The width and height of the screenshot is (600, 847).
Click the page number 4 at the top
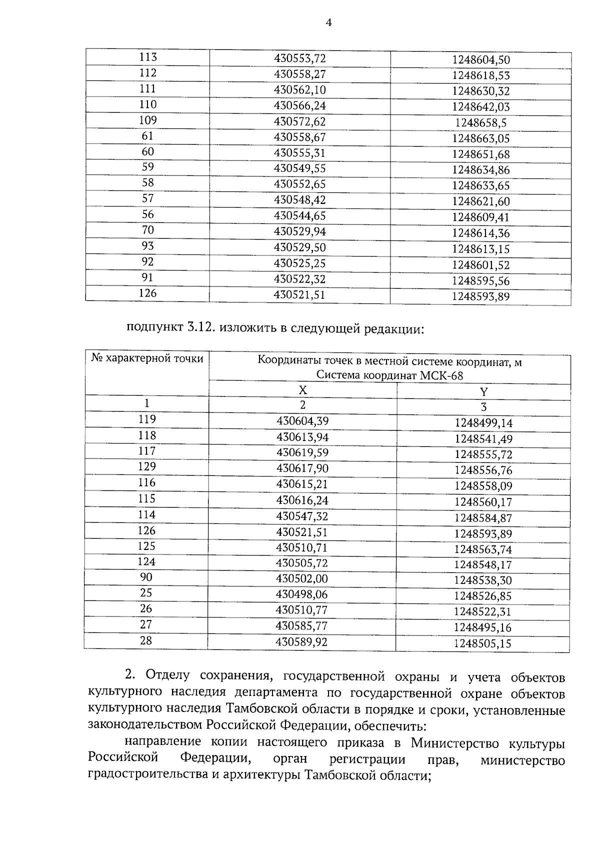pos(328,22)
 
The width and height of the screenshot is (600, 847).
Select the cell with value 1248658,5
pos(480,123)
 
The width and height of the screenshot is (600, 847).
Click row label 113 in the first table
pos(147,57)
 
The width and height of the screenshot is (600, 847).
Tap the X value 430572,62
pos(299,121)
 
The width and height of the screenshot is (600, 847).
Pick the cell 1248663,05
pos(480,138)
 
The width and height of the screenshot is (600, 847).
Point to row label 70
pos(147,230)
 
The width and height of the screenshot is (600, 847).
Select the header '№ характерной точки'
pos(147,358)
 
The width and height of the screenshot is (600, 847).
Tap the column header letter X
pos(303,390)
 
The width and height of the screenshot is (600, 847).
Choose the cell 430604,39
pos(302,421)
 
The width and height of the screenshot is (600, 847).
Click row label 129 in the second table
pos(147,467)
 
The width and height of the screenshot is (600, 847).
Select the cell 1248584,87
pos(483,518)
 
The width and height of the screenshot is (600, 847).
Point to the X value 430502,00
pos(302,578)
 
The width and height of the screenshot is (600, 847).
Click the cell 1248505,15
pos(482,643)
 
